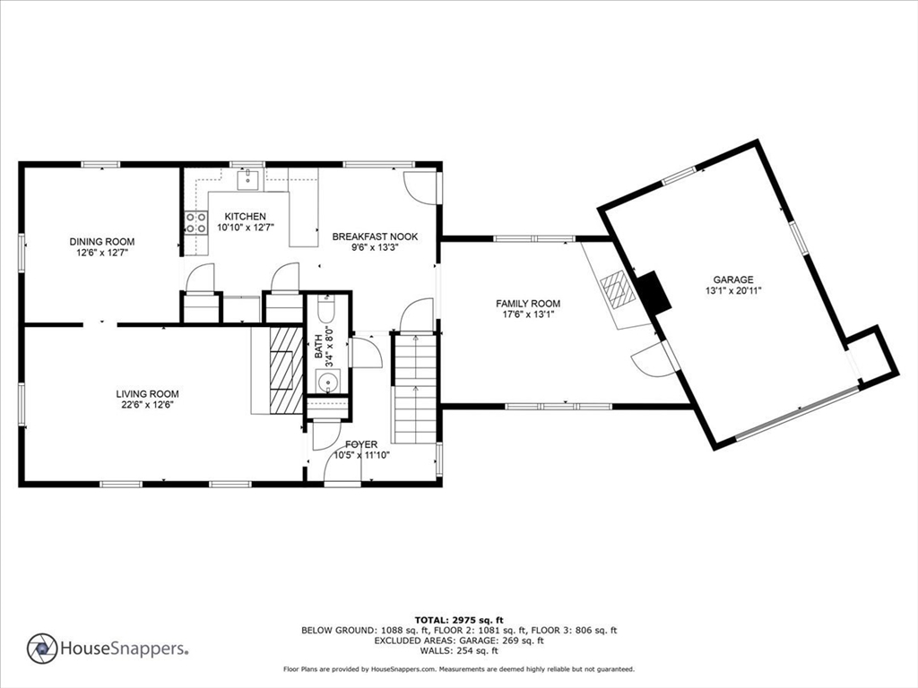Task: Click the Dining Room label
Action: (x=102, y=242)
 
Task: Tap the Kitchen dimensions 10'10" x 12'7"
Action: (x=246, y=227)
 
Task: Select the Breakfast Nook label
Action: (x=375, y=236)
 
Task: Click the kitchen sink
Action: (x=248, y=179)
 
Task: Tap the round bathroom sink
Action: (x=327, y=383)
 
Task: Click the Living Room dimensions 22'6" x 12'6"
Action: (x=147, y=404)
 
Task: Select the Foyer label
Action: (x=361, y=444)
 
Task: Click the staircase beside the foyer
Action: (x=415, y=389)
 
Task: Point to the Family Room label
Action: (x=527, y=304)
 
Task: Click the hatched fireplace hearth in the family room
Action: (x=619, y=288)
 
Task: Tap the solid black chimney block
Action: (x=654, y=293)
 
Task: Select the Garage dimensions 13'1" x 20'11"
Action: (x=733, y=290)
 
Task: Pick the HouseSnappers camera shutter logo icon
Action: (x=42, y=649)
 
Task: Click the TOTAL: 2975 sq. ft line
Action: (x=459, y=620)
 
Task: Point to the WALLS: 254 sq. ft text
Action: (x=459, y=650)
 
